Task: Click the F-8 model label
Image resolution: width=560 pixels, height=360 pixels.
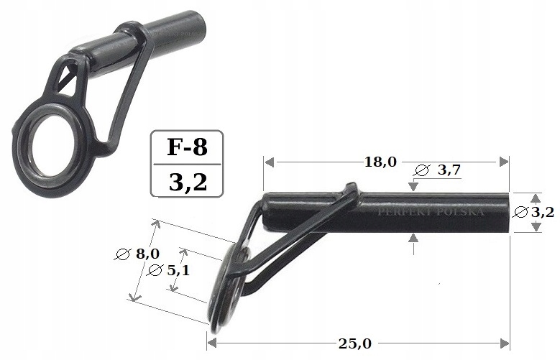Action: click(187, 148)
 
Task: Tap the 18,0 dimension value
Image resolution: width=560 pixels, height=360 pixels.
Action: click(380, 162)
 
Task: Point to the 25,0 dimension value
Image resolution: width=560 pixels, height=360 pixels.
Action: click(354, 343)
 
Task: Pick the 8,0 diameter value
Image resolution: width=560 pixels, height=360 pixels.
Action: click(147, 253)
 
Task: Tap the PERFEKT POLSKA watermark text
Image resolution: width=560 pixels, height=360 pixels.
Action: click(431, 213)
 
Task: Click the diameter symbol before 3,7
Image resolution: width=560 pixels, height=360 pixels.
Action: click(423, 171)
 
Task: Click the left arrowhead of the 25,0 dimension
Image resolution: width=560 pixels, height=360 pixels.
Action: click(212, 343)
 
